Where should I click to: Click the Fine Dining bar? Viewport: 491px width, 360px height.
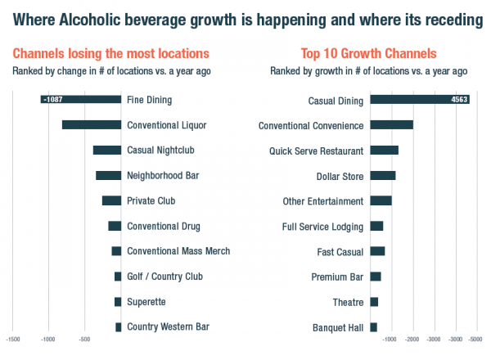click(82, 100)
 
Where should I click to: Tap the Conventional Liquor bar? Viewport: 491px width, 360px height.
click(92, 125)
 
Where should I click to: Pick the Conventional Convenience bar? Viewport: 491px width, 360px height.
click(392, 125)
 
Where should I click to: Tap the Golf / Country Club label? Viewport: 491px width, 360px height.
click(164, 277)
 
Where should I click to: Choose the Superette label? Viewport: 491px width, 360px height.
click(146, 302)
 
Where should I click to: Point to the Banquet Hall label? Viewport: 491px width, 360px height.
click(338, 328)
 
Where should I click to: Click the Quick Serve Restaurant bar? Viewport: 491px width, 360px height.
click(385, 151)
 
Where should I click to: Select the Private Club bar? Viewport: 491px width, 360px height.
click(111, 200)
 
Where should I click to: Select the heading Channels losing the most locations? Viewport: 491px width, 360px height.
click(110, 54)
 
